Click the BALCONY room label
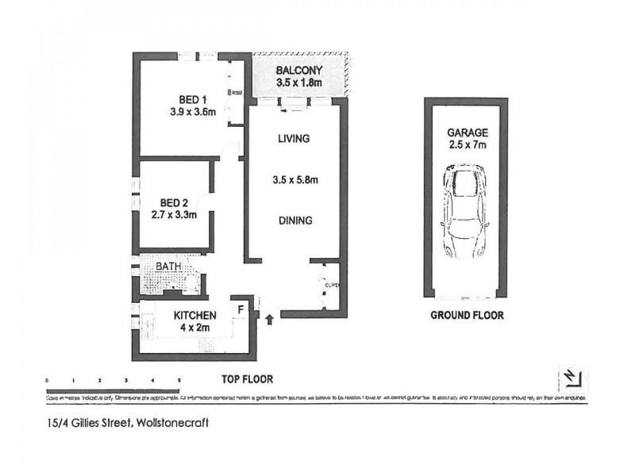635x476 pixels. click(x=298, y=69)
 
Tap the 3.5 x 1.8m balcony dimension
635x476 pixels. click(x=298, y=82)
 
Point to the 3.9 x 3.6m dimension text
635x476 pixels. click(x=194, y=112)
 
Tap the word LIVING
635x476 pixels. click(x=293, y=139)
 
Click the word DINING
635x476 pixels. click(x=294, y=221)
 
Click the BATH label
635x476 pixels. click(x=167, y=266)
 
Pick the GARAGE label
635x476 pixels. click(x=467, y=132)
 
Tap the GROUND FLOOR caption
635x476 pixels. click(x=467, y=315)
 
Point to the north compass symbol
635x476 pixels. click(x=571, y=377)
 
